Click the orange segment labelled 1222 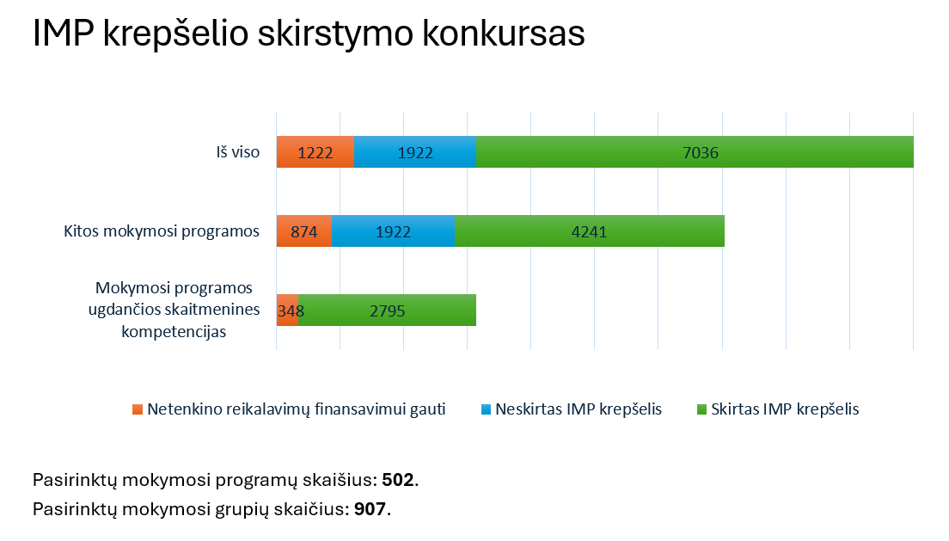[x=315, y=152]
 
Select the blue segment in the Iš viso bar [x=414, y=152]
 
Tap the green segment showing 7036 [x=695, y=152]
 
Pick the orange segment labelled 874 [x=303, y=231]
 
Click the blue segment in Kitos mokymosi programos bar [x=393, y=231]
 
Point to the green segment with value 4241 [x=590, y=231]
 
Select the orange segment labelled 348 [x=287, y=310]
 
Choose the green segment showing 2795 [x=387, y=310]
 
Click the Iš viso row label [x=238, y=153]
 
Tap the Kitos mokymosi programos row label [x=162, y=231]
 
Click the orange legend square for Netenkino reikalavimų [x=137, y=409]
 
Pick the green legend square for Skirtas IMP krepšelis [x=701, y=409]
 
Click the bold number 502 [x=398, y=480]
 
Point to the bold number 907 [x=370, y=509]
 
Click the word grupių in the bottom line [x=254, y=509]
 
